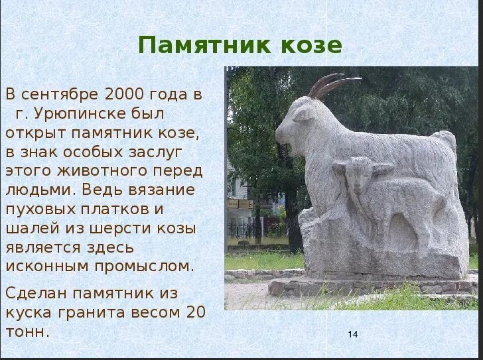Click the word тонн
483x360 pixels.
tap(27, 331)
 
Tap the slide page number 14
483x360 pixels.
tap(352, 335)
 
